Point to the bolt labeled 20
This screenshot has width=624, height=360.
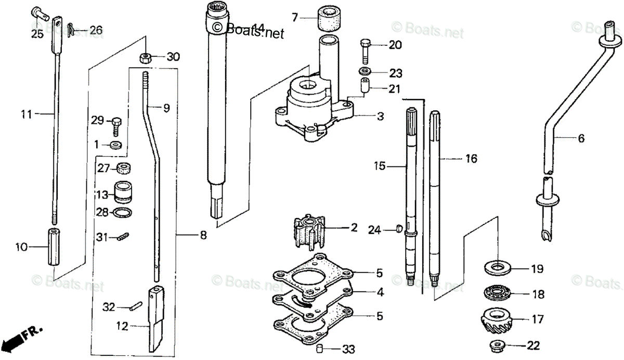coord(366,49)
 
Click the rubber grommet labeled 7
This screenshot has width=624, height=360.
coord(328,19)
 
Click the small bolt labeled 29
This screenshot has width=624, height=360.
coord(116,124)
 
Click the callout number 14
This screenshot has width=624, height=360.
coord(258,27)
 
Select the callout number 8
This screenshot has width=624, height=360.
coord(203,236)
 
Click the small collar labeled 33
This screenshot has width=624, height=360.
coord(320,348)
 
